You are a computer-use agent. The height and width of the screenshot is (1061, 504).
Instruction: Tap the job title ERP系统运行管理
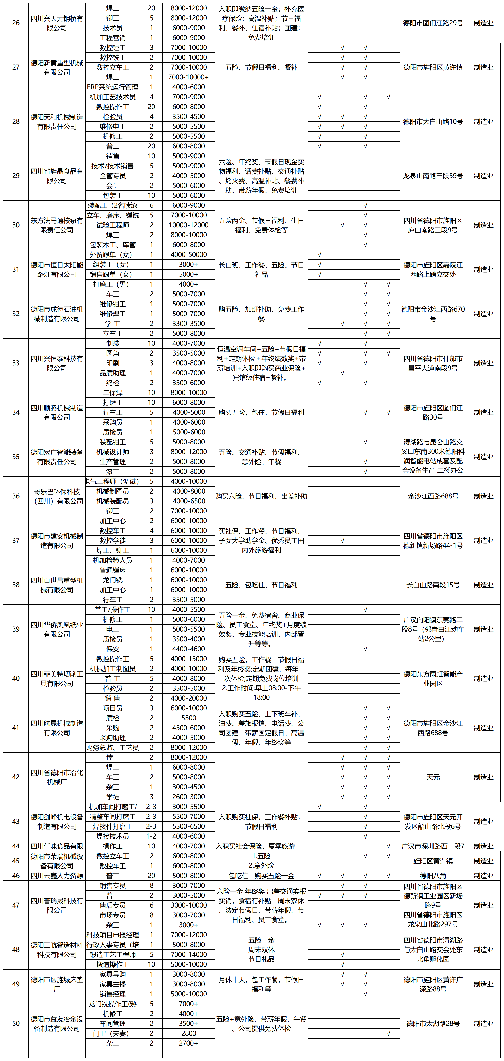(x=112, y=87)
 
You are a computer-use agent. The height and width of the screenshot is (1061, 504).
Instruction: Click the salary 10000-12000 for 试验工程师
(x=189, y=225)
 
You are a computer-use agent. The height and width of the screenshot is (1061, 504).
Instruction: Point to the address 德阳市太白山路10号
(x=433, y=122)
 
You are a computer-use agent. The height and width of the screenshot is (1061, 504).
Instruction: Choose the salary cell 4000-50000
(x=189, y=254)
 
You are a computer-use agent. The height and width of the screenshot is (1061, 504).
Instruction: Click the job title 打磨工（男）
(x=112, y=284)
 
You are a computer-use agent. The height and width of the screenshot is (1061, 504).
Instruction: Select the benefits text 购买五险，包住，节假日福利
(x=261, y=412)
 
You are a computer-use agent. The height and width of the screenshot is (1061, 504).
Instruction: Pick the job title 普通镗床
(x=112, y=570)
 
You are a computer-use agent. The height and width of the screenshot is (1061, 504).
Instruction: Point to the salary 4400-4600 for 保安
(x=189, y=649)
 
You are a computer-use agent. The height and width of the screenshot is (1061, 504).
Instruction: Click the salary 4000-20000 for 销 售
(x=189, y=698)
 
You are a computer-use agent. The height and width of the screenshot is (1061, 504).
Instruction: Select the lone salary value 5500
(x=189, y=718)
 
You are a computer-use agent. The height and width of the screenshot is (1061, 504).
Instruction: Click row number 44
(x=16, y=846)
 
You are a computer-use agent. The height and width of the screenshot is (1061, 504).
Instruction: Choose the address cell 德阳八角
(x=433, y=876)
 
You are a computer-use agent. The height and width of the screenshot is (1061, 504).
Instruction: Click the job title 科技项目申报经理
(x=112, y=935)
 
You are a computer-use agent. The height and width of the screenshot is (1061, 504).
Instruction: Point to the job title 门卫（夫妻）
(x=112, y=1033)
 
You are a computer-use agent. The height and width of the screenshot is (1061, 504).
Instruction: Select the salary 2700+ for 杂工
(x=189, y=1043)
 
